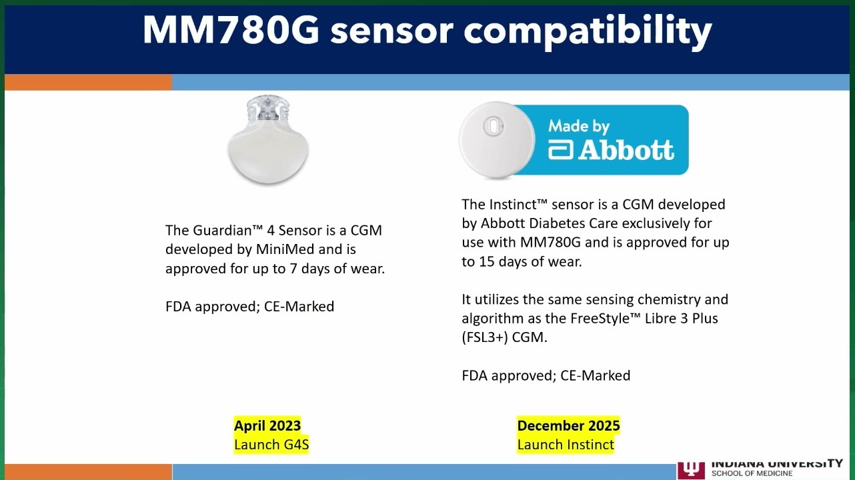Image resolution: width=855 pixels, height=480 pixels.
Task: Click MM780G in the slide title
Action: (x=231, y=30)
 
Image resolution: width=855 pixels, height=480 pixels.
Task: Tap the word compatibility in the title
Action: (x=588, y=32)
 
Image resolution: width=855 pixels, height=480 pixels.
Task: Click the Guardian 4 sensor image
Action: (x=268, y=140)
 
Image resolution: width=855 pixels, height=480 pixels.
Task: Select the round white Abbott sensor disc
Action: (x=497, y=140)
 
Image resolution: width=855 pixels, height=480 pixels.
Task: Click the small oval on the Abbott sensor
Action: (x=493, y=126)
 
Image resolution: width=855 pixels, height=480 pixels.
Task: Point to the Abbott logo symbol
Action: (x=561, y=151)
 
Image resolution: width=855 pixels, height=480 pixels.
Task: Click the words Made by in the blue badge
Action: (x=579, y=126)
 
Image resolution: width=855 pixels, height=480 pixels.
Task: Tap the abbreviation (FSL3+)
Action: (x=485, y=338)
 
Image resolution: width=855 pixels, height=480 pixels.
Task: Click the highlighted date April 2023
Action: (x=267, y=426)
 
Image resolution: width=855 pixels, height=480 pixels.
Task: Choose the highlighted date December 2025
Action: (x=569, y=426)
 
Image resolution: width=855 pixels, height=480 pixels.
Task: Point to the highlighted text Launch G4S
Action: (x=271, y=445)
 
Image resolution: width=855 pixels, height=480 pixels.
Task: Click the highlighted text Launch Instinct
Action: (x=566, y=445)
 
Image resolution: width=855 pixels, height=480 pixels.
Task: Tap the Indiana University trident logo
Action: (x=691, y=470)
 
